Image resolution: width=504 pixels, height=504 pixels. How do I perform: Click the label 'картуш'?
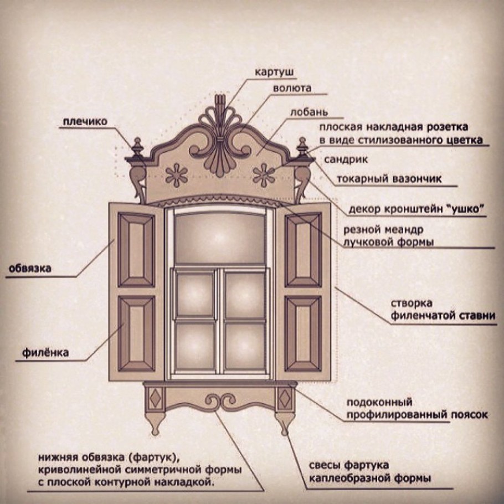[x=274, y=73]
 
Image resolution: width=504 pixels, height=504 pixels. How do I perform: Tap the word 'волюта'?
[x=292, y=88]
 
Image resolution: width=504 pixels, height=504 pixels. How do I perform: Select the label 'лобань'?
[x=309, y=112]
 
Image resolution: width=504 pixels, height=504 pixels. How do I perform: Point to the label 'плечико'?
[x=85, y=122]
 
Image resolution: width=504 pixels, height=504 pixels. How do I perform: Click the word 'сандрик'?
[x=346, y=160]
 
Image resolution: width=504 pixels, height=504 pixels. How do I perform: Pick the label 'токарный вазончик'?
[x=389, y=179]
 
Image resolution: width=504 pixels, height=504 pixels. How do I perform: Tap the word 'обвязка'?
[x=29, y=269]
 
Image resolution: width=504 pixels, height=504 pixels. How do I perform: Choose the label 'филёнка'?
[x=45, y=353]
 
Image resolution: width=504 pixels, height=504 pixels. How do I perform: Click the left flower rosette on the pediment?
[x=177, y=175]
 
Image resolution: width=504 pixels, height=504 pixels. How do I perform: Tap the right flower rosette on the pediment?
[x=264, y=175]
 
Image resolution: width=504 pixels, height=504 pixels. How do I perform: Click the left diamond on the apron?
[x=156, y=399]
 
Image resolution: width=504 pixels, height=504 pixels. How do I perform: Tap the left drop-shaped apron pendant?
[x=155, y=423]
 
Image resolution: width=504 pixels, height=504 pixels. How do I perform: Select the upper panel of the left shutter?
[x=137, y=250]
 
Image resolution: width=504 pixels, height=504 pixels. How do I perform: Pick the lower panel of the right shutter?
[x=303, y=333]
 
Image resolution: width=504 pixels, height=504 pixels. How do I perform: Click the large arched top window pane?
[x=220, y=237]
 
